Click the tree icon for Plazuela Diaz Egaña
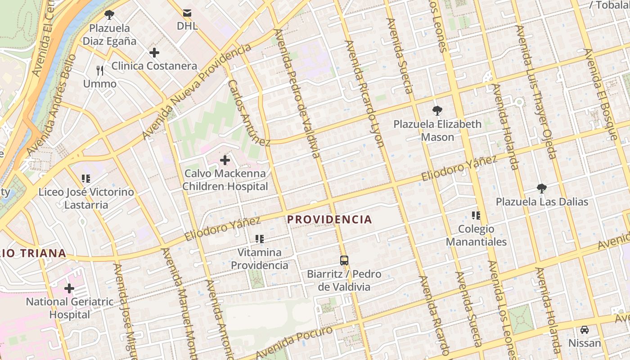tap(109, 15)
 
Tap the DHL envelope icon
tap(187, 13)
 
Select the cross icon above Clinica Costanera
tap(154, 53)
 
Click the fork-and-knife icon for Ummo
tap(100, 71)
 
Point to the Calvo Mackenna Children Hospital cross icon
tap(225, 160)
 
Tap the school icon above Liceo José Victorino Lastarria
tap(86, 179)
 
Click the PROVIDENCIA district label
tap(329, 220)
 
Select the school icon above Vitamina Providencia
tap(260, 239)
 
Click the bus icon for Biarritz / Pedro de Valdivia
tap(344, 260)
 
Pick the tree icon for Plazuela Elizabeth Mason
tap(437, 111)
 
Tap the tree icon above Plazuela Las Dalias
tap(542, 188)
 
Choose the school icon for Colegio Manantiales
tap(476, 216)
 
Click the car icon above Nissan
tap(584, 330)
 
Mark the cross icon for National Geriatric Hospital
tap(69, 288)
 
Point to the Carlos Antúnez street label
tap(249, 113)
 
